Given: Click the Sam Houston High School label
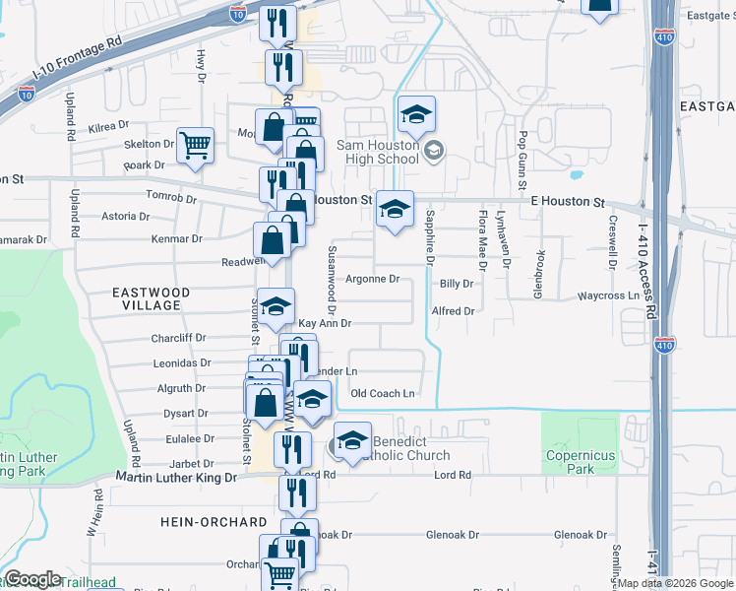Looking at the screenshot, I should pos(379,152).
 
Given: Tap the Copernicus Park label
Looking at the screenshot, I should pos(582,462).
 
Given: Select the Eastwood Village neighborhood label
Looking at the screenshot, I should pos(146,298).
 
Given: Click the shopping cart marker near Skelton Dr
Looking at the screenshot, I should pos(196,146).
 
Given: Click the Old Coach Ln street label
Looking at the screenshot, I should pos(383,394).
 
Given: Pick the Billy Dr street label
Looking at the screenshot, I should pos(457,284).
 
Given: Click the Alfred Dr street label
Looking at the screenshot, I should pos(453,311).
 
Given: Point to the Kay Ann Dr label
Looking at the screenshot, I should pos(325,323).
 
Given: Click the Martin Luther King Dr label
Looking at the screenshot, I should pos(177,478).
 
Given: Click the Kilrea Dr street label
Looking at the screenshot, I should pos(108,126).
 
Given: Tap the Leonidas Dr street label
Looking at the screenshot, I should pos(183,363).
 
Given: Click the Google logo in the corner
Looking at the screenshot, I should pos(32,579).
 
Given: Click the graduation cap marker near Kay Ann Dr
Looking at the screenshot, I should pos(276,305).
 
